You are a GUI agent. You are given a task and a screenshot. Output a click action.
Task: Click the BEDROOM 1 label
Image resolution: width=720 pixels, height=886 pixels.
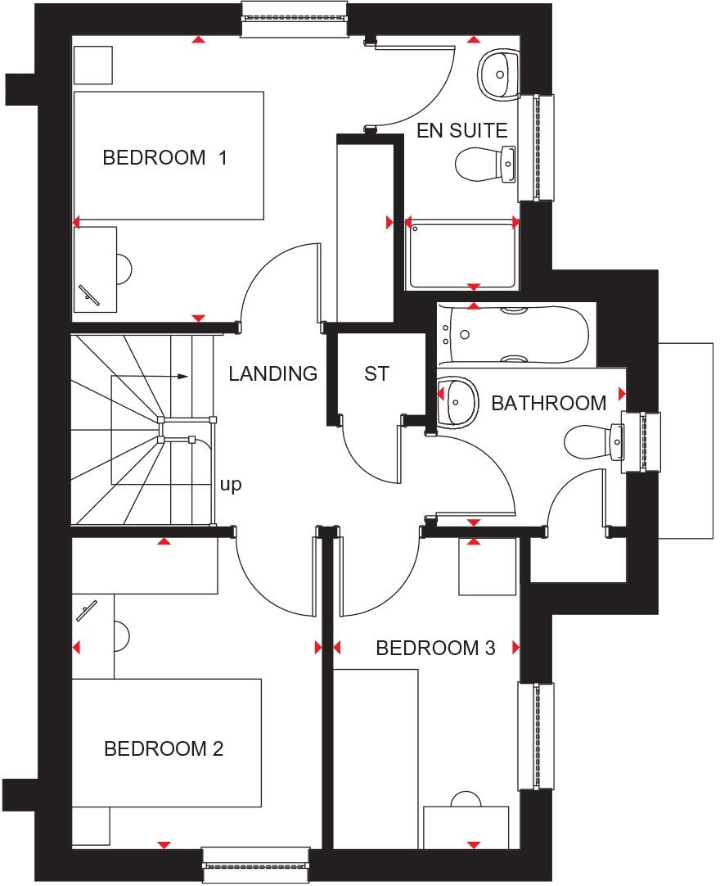(164, 157)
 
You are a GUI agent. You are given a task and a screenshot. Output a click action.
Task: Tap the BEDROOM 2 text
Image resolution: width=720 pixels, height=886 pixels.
(164, 748)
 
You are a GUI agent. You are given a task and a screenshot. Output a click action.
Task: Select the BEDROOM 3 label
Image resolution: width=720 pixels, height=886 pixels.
(435, 649)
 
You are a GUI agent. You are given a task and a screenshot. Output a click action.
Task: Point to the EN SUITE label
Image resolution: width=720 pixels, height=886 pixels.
(462, 130)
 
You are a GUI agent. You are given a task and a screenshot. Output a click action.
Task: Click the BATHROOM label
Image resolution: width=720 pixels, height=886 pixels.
(548, 403)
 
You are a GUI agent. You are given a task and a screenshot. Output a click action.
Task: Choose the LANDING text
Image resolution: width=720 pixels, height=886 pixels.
(272, 374)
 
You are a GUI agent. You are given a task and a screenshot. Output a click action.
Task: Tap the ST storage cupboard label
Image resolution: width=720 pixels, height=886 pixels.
(376, 374)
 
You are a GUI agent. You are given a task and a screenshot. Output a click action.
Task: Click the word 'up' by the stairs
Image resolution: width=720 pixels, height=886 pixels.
(231, 485)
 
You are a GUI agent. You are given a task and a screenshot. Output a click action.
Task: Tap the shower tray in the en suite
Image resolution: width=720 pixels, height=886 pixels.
(462, 254)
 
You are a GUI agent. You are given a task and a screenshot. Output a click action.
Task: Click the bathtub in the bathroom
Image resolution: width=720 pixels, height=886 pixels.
(513, 334)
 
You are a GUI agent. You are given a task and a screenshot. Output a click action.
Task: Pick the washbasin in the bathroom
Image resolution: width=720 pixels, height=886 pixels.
(458, 401)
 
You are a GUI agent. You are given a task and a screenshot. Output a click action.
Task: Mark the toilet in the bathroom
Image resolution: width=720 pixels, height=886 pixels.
(593, 442)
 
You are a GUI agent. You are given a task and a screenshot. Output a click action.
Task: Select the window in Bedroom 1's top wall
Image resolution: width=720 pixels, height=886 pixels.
(294, 19)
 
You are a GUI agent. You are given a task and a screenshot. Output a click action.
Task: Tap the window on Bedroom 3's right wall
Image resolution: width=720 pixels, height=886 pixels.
(536, 735)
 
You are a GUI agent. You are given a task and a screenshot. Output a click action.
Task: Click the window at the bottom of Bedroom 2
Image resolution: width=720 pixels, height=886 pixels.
(256, 865)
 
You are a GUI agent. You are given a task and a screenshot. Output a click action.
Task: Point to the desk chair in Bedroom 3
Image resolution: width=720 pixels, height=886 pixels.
(466, 799)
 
